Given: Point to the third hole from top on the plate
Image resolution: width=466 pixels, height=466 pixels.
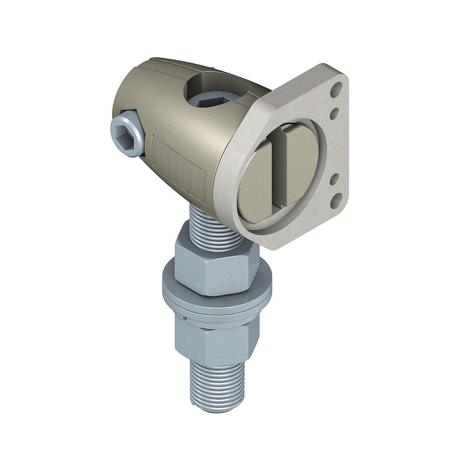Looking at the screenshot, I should (x=334, y=179).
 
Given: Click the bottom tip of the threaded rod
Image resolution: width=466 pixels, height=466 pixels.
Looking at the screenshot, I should (x=218, y=407).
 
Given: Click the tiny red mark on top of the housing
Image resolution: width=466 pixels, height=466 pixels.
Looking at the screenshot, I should (x=214, y=68).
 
